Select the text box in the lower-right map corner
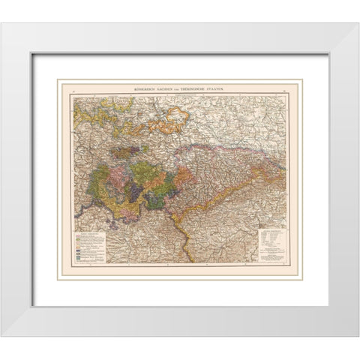(270, 247)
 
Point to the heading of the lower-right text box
(270, 233)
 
